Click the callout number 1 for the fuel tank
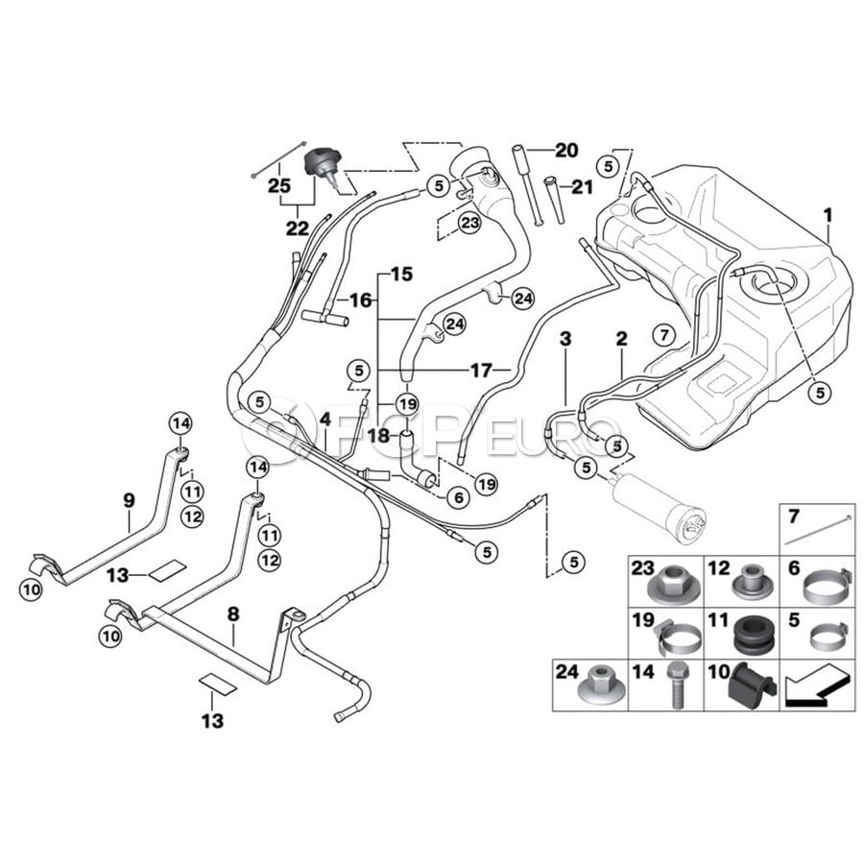828,215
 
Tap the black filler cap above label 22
323,167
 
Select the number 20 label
565,150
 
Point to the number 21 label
582,187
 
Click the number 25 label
279,185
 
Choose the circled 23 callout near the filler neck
470,224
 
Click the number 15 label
401,274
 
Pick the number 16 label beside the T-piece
361,300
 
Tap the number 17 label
481,371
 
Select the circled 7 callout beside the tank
663,334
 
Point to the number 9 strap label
129,501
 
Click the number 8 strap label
233,613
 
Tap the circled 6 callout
459,498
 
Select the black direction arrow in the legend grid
814,686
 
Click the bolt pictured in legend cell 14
677,684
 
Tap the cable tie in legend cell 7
819,530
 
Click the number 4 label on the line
325,420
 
